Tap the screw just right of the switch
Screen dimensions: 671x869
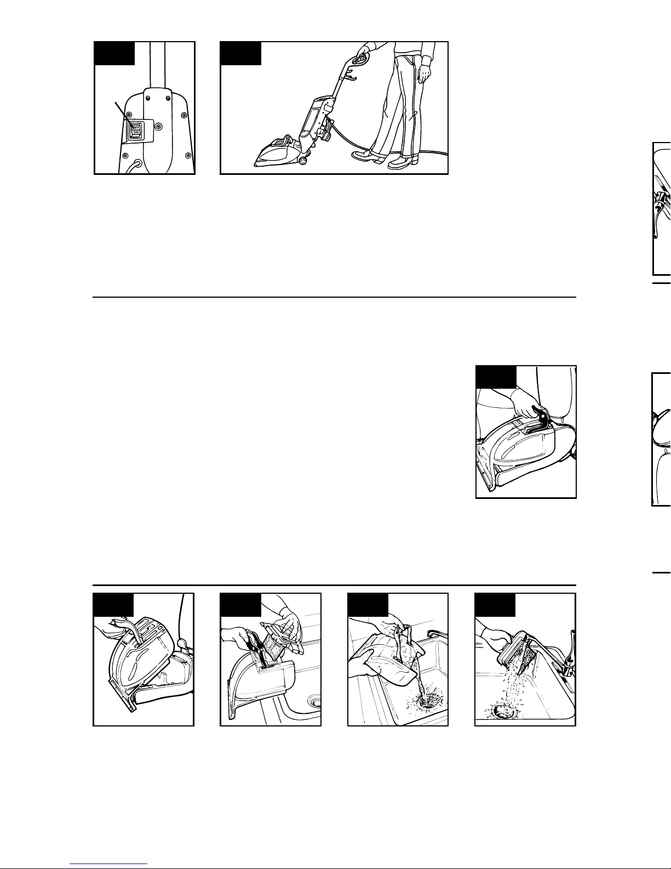tap(159, 127)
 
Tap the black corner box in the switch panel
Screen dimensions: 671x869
tap(114, 53)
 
